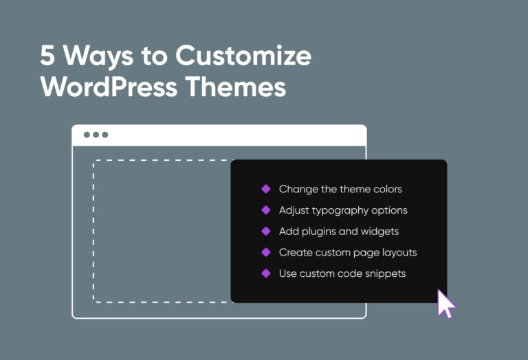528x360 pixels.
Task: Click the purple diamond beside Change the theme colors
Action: [x=266, y=189]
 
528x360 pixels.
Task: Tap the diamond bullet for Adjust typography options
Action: [x=266, y=210]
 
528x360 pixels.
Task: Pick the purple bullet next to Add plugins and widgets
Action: [x=266, y=232]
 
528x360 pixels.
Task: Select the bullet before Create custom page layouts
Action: [x=266, y=252]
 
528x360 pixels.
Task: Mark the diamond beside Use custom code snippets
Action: [x=266, y=273]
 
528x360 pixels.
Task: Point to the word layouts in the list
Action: [x=399, y=253]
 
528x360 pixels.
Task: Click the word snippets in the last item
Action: [x=385, y=274]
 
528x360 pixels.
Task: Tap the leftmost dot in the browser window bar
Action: [x=87, y=135]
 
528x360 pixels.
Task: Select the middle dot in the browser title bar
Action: [x=96, y=135]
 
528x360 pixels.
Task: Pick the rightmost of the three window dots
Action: [x=105, y=135]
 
